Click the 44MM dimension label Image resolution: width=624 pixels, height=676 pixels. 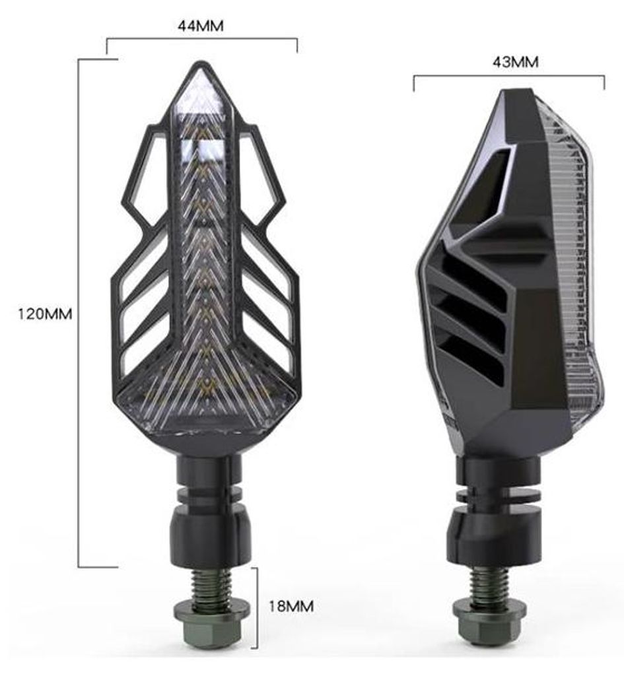click(x=201, y=27)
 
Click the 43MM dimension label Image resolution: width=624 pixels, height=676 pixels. click(x=515, y=62)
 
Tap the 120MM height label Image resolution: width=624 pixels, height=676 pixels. click(x=45, y=314)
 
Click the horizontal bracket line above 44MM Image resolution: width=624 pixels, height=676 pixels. click(x=201, y=40)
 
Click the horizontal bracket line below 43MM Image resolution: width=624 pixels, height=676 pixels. click(x=508, y=77)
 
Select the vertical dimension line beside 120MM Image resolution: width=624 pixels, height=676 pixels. click(x=79, y=314)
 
